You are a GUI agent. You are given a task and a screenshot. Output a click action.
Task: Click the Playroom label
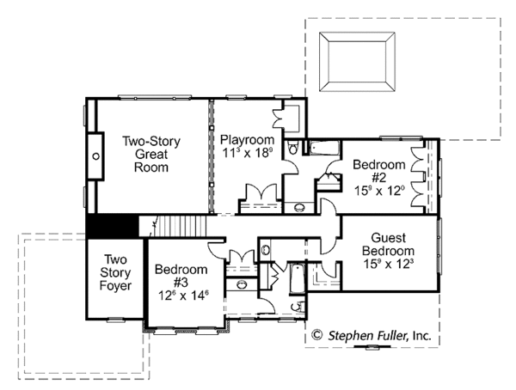pyautogui.click(x=247, y=140)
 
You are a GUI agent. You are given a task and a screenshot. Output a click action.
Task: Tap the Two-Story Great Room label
pyautogui.click(x=151, y=155)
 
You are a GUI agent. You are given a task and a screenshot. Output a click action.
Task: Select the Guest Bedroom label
pyautogui.click(x=389, y=244)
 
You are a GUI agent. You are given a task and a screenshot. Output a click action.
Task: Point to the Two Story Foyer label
pyautogui.click(x=115, y=272)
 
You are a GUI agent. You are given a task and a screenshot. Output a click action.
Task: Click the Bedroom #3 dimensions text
pyautogui.click(x=184, y=296)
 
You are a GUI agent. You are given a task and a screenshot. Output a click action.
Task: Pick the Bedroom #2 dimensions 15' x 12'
pyautogui.click(x=379, y=191)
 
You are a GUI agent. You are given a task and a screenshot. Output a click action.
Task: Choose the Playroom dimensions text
pyautogui.click(x=248, y=153)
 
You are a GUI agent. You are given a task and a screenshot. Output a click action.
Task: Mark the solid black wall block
pyautogui.click(x=113, y=226)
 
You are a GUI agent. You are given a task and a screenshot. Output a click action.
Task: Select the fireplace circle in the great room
pyautogui.click(x=95, y=156)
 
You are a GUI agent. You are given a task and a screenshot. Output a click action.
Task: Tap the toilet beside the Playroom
pyautogui.click(x=292, y=147)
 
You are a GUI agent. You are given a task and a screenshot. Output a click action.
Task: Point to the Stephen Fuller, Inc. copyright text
pyautogui.click(x=380, y=336)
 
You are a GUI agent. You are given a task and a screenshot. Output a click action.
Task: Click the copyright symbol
pyautogui.click(x=316, y=335)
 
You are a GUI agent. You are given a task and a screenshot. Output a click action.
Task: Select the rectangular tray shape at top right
pyautogui.click(x=357, y=62)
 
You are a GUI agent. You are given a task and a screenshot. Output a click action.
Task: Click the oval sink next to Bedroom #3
pyautogui.click(x=242, y=284)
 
